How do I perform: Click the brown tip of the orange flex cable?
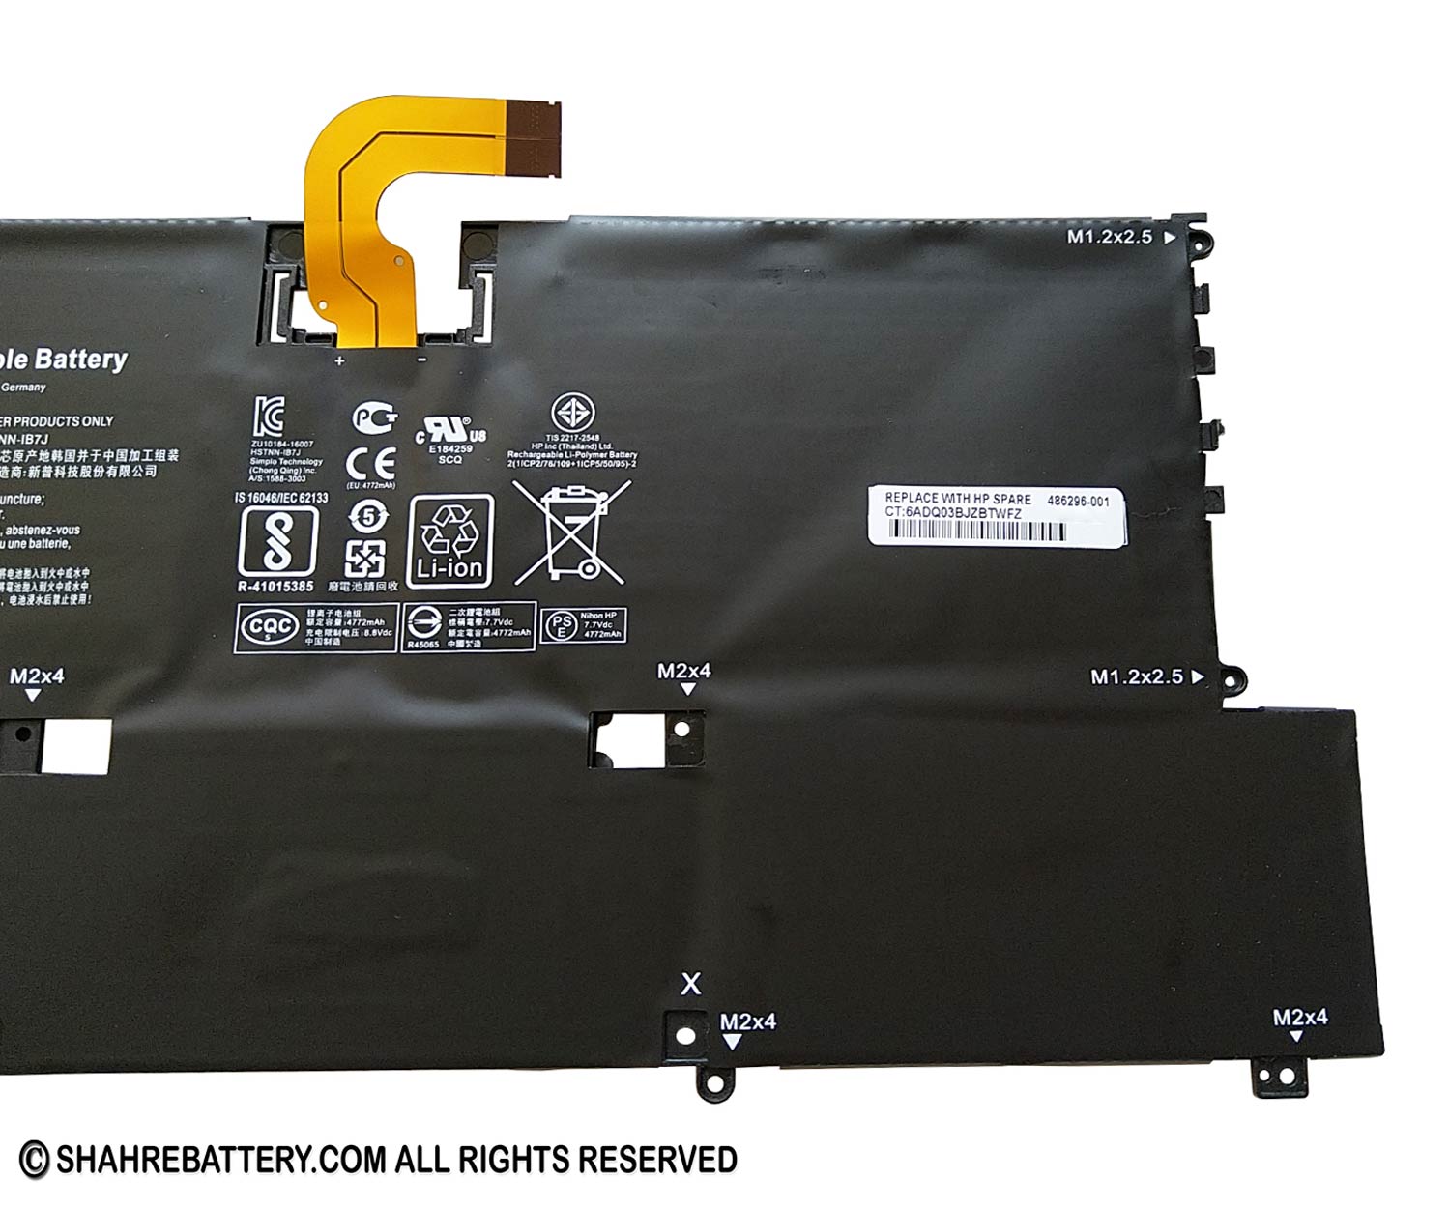[535, 136]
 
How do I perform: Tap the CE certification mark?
[370, 462]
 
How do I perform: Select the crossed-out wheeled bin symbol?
[570, 532]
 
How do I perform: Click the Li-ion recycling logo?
[450, 541]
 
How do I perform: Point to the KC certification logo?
[269, 416]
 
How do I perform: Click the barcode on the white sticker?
[976, 532]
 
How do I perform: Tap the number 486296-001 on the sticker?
[1078, 501]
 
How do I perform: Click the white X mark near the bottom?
[690, 984]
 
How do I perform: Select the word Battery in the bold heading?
[80, 360]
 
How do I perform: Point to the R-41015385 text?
[275, 587]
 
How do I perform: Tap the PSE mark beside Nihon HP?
[561, 626]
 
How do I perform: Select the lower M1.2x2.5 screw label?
[1136, 677]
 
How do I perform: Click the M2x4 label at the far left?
[37, 676]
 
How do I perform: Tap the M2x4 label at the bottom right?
[1299, 1017]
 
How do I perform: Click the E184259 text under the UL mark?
[450, 448]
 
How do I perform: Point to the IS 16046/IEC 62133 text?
[281, 498]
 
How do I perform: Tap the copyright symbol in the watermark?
[34, 1160]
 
